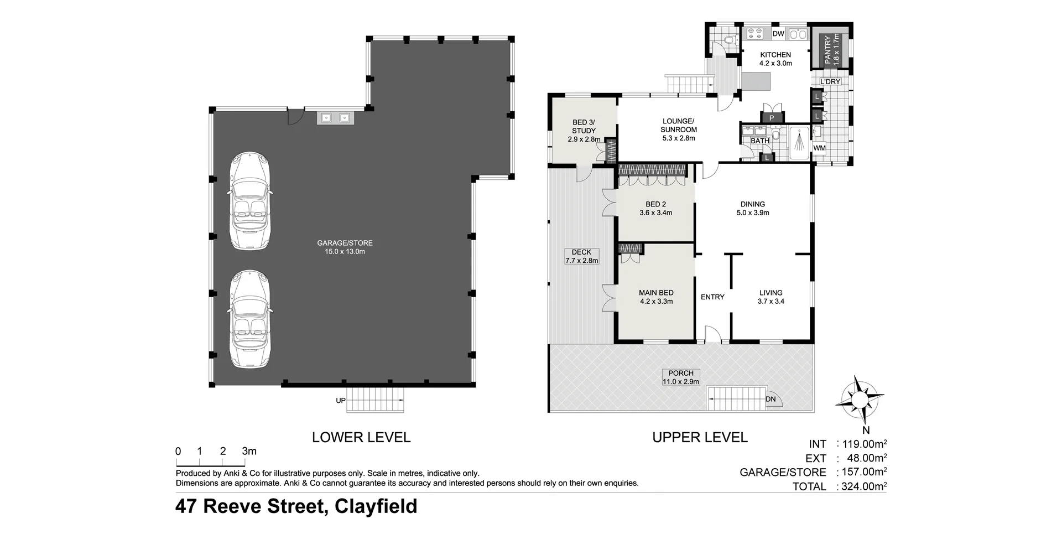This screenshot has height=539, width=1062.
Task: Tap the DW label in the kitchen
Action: (x=778, y=34)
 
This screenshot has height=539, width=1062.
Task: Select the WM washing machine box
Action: (x=819, y=148)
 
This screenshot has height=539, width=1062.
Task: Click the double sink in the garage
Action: (x=335, y=117)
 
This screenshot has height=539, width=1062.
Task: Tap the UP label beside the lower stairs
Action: (x=341, y=401)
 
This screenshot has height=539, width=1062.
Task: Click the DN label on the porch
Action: (x=771, y=399)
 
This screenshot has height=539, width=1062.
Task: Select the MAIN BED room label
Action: (x=656, y=293)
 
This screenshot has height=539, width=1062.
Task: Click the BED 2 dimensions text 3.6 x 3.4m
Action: (x=656, y=213)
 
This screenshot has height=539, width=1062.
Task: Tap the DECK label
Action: (x=581, y=252)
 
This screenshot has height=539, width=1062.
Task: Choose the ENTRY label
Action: (x=712, y=297)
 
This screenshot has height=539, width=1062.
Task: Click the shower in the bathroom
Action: (x=799, y=142)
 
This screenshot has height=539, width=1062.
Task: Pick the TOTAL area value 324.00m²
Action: (x=864, y=487)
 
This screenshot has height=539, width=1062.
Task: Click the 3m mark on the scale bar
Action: (x=249, y=452)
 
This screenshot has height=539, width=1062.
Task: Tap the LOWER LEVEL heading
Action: (x=361, y=437)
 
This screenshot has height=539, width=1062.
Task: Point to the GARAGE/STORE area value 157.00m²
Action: (x=864, y=472)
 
